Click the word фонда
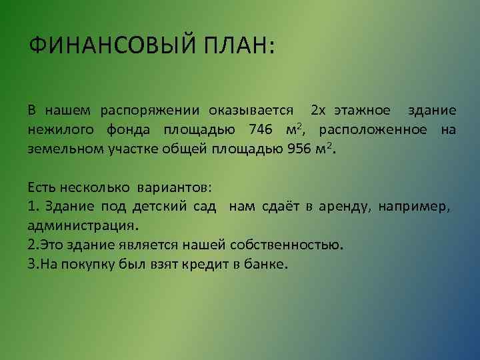click(x=122, y=129)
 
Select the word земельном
click(x=65, y=149)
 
